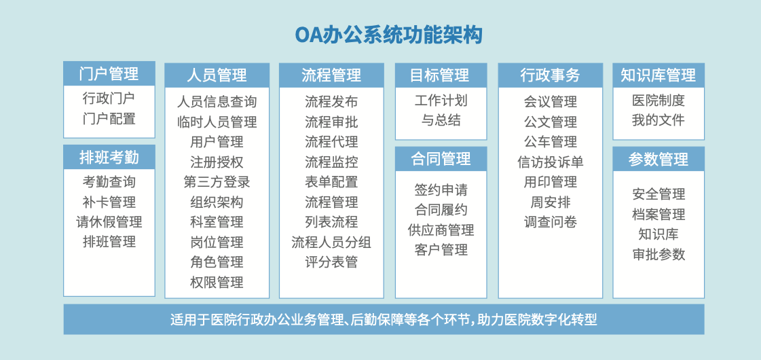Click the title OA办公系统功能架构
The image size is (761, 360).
pyautogui.click(x=389, y=35)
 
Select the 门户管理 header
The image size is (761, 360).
pyautogui.click(x=109, y=73)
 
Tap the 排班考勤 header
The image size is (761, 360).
pyautogui.click(x=109, y=157)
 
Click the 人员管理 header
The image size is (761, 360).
pyautogui.click(x=217, y=75)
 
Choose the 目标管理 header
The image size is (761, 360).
pyautogui.click(x=441, y=75)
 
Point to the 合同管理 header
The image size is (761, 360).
pyautogui.click(x=441, y=159)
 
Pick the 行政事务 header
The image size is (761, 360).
pyautogui.click(x=551, y=75)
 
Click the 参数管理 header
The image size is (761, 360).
pyautogui.click(x=658, y=159)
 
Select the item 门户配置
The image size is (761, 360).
pyautogui.click(x=109, y=119)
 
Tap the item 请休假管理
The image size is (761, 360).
pyautogui.click(x=109, y=222)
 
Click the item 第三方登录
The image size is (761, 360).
pyautogui.click(x=217, y=182)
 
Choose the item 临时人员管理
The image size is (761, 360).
pyautogui.click(x=217, y=122)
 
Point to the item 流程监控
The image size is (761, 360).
pyautogui.click(x=331, y=162)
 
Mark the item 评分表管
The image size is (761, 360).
pyautogui.click(x=331, y=262)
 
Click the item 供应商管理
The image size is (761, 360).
pyautogui.click(x=441, y=230)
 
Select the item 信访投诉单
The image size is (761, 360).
pyautogui.click(x=551, y=162)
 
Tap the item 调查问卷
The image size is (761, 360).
pyautogui.click(x=551, y=222)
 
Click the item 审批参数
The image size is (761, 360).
pyautogui.click(x=658, y=255)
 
